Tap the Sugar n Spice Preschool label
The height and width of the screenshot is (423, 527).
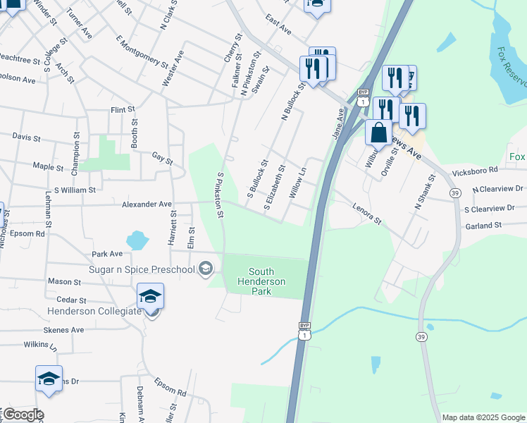point(142,269)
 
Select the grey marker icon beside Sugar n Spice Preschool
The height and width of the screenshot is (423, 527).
point(205,269)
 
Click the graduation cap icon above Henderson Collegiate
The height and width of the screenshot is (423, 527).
point(150,296)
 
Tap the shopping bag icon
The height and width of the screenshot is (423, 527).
point(378,133)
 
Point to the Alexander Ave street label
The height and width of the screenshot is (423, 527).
point(147,204)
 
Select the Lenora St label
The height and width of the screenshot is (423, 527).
point(367,215)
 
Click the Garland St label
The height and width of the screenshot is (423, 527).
point(483,226)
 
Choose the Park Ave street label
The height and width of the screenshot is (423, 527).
point(107,254)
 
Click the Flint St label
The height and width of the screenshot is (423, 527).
point(123,110)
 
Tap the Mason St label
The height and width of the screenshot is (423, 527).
point(65,281)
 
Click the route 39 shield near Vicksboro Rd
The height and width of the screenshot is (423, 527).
point(455,193)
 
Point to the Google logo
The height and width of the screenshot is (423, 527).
point(23,415)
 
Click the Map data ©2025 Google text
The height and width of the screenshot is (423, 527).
point(483,417)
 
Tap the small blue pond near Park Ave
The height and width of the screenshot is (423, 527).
point(137,240)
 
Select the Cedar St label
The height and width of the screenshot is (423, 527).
point(71,300)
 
